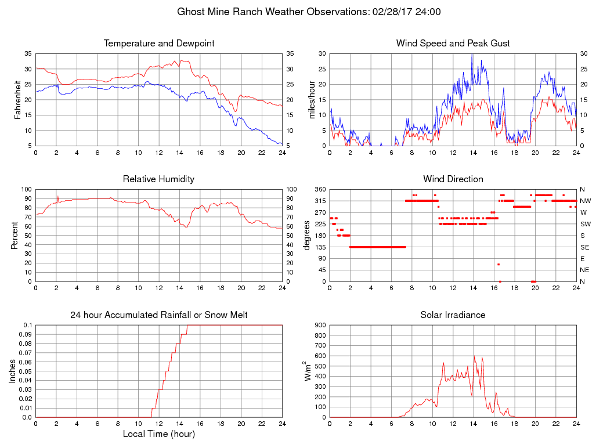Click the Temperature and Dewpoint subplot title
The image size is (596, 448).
[158, 44]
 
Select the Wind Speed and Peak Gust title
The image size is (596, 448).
[453, 44]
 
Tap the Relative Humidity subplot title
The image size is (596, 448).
[158, 179]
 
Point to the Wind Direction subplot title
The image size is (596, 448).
[453, 179]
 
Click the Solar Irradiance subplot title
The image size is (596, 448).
[453, 315]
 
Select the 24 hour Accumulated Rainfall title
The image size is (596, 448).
[158, 315]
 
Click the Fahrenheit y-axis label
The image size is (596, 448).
[18, 99]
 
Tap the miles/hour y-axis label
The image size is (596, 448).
[312, 99]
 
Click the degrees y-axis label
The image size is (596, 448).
[307, 235]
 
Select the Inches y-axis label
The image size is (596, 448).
[12, 371]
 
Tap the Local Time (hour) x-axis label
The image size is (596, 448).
[158, 434]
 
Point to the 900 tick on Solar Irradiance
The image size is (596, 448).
[320, 326]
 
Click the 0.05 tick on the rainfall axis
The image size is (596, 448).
[26, 371]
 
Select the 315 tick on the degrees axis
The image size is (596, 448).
[320, 201]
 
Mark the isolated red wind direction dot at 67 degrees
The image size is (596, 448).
[498, 265]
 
